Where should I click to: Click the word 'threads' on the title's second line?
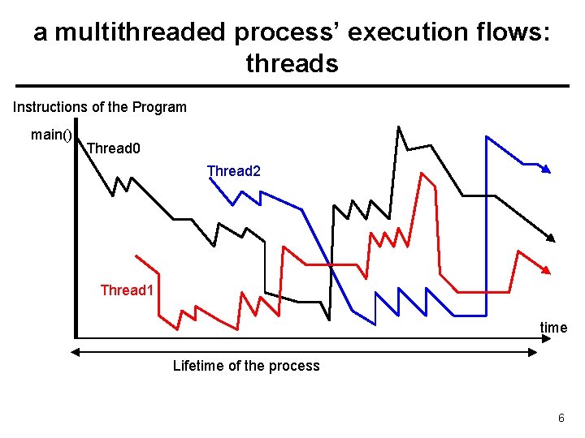pos(292,63)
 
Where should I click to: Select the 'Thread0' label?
pos(113,148)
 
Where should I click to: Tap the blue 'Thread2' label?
pos(234,171)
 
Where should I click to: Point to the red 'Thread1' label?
pos(127,290)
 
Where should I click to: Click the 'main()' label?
pos(51,135)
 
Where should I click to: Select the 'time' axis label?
pos(553,328)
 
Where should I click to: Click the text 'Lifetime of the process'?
pos(246,366)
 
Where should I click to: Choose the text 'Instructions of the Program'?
pos(100,107)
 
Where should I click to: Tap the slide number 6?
pos(561,418)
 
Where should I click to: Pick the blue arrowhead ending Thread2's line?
pos(547,170)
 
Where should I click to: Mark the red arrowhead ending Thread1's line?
pos(546,270)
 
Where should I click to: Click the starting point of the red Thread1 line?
pos(136,256)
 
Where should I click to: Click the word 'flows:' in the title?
pos(510,32)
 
